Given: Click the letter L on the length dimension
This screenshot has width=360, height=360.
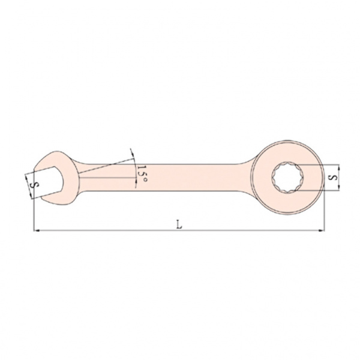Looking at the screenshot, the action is pyautogui.click(x=179, y=224).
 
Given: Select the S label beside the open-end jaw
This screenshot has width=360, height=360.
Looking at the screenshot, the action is pyautogui.click(x=36, y=185).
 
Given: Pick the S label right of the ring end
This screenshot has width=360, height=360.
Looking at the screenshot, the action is pyautogui.click(x=332, y=178).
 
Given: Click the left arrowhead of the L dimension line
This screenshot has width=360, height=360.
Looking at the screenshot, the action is pyautogui.click(x=36, y=230).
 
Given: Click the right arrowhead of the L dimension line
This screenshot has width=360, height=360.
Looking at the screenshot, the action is pyautogui.click(x=322, y=230).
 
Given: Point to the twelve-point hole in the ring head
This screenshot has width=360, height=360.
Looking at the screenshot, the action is pyautogui.click(x=287, y=177).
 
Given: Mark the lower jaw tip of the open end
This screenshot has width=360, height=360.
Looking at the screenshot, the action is pyautogui.click(x=42, y=197).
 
